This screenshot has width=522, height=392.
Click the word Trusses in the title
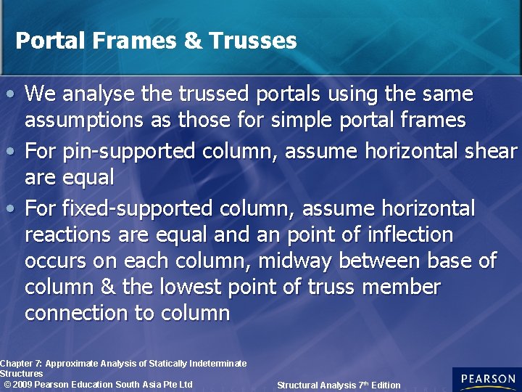pyautogui.click(x=252, y=41)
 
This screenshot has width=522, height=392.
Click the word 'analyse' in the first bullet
pyautogui.click(x=94, y=94)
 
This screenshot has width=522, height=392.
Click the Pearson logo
pyautogui.click(x=486, y=379)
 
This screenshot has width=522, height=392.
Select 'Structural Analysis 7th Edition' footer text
pyautogui.click(x=339, y=385)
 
